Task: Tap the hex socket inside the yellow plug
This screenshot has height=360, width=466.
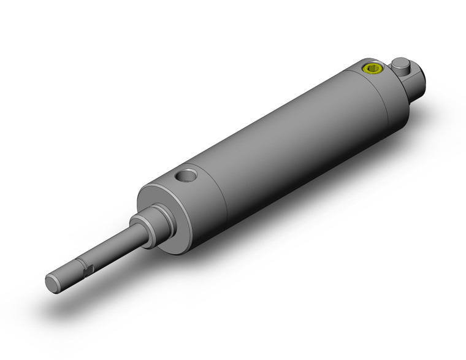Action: click(x=373, y=67)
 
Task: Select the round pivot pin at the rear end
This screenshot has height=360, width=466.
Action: click(x=400, y=63)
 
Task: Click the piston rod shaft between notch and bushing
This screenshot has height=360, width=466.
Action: click(x=113, y=248)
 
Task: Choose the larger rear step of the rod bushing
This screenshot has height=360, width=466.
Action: click(x=161, y=218)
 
